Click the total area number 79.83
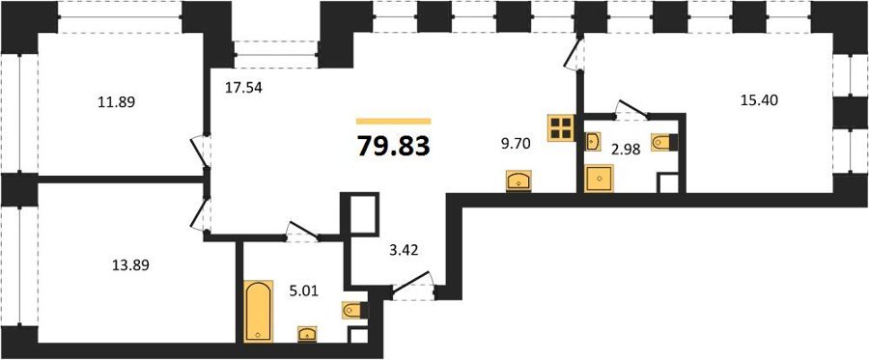394,146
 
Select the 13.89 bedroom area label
130,265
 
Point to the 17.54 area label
244,87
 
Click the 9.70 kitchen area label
516,145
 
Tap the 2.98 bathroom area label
625,148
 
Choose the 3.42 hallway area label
403,249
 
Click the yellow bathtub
259,312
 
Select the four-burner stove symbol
561,128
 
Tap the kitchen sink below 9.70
519,181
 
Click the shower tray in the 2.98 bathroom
599,179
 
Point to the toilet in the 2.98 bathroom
664,142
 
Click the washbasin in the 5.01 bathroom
308,335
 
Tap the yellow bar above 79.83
394,121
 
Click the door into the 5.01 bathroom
302,232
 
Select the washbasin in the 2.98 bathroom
593,141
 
